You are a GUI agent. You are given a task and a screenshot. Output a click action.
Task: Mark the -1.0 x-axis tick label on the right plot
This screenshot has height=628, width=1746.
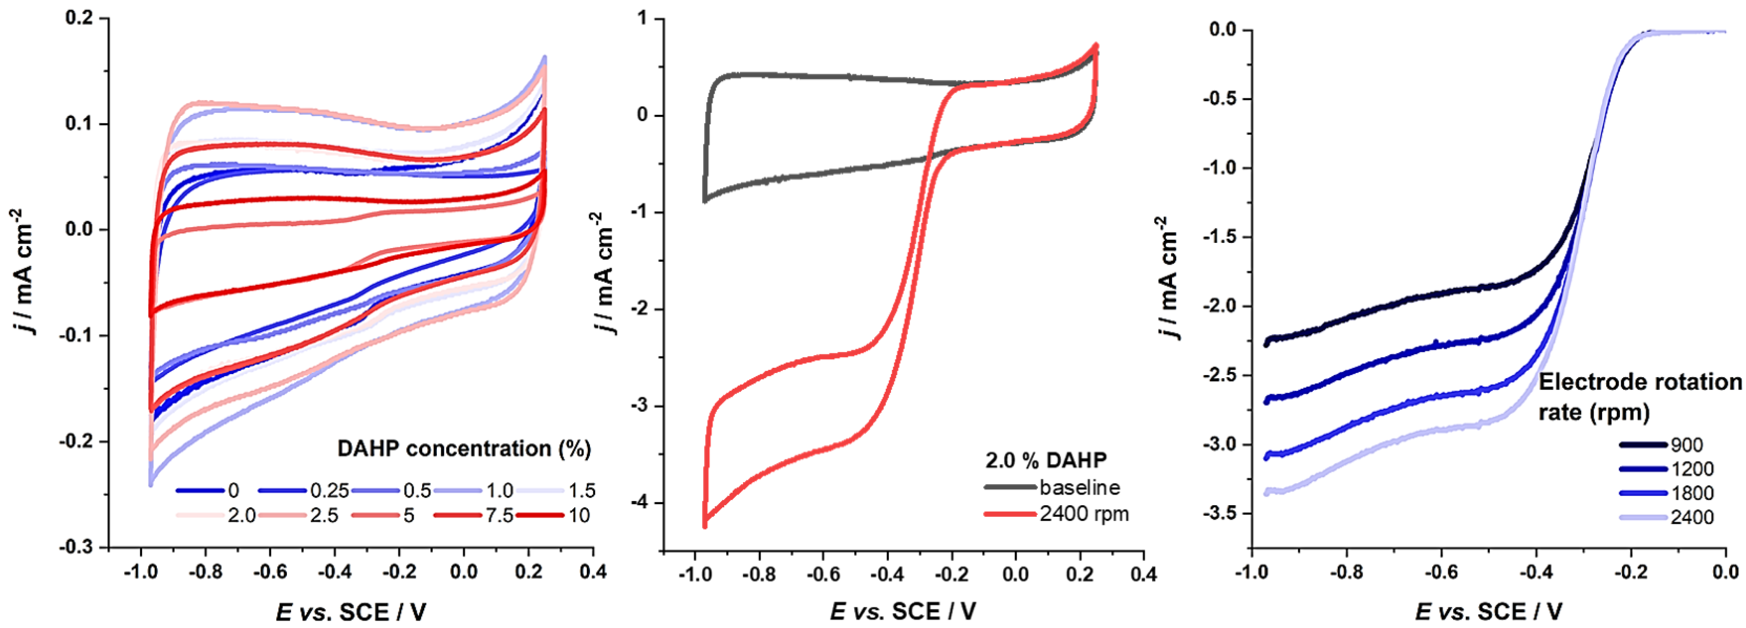[1251, 572]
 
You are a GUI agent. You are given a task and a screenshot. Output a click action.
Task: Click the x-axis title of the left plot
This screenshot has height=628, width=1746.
[351, 612]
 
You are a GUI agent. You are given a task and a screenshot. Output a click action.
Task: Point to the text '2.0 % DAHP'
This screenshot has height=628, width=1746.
[1046, 460]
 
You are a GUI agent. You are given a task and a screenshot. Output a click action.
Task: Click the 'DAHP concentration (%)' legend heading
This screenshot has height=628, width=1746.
[464, 448]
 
